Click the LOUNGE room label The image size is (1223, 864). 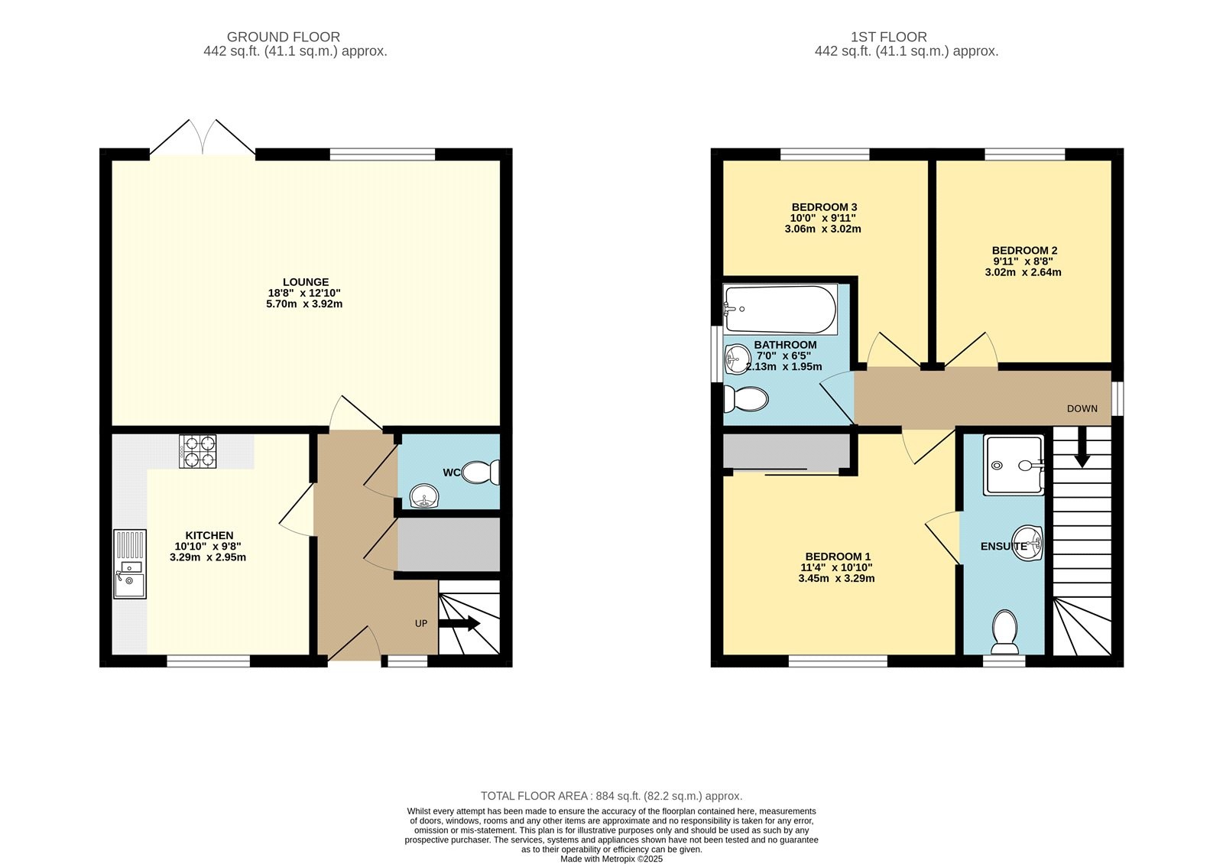[306, 282]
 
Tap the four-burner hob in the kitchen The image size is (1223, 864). [198, 452]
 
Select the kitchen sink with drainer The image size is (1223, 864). [130, 564]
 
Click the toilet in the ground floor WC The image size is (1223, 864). [481, 473]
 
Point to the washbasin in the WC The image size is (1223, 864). [424, 496]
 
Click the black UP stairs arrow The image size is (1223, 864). [459, 623]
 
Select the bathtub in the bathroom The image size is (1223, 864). [780, 309]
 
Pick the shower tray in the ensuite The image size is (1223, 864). [1014, 466]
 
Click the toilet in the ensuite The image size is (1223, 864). [1004, 632]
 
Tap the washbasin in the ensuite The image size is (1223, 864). [1027, 544]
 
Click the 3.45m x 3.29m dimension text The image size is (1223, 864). [836, 578]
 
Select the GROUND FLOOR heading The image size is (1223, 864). [284, 37]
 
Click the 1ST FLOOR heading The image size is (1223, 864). [889, 37]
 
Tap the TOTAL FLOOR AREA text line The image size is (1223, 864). [611, 796]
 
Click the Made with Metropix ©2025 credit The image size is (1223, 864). [611, 859]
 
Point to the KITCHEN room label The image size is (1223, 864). [209, 536]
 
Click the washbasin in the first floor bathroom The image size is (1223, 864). [737, 359]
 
